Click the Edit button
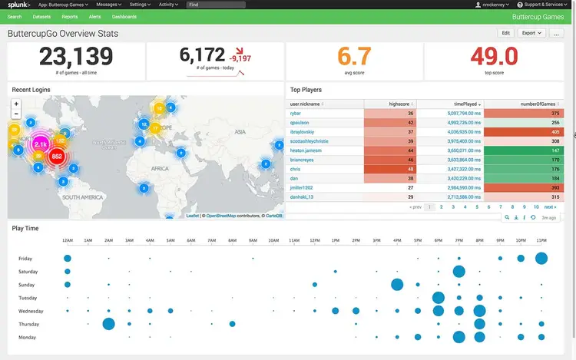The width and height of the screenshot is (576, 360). coord(505,33)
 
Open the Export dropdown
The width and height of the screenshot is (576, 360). coord(531,33)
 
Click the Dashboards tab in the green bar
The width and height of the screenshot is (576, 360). coord(124,16)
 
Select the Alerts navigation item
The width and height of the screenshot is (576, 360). coord(94,16)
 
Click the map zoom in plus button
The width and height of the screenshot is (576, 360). coord(16,104)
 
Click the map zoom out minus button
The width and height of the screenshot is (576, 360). coord(16,114)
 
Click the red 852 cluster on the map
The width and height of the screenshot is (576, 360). coord(56,157)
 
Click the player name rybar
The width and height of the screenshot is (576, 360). coord(296,113)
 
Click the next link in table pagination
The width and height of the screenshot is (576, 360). coord(550,206)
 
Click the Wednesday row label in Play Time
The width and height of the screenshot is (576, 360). coord(31,311)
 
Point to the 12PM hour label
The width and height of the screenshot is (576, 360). coord(315,241)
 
